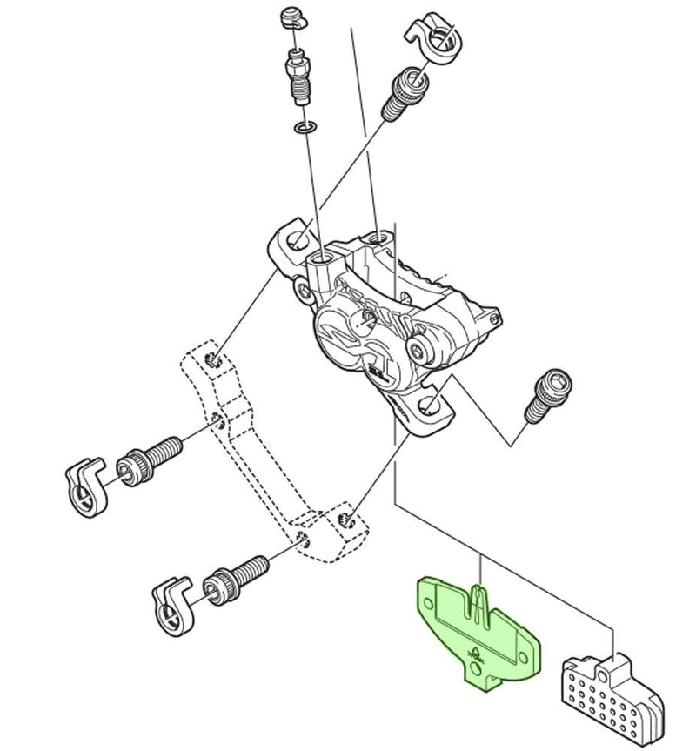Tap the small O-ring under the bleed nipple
(301, 129)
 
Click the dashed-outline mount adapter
(261, 470)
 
